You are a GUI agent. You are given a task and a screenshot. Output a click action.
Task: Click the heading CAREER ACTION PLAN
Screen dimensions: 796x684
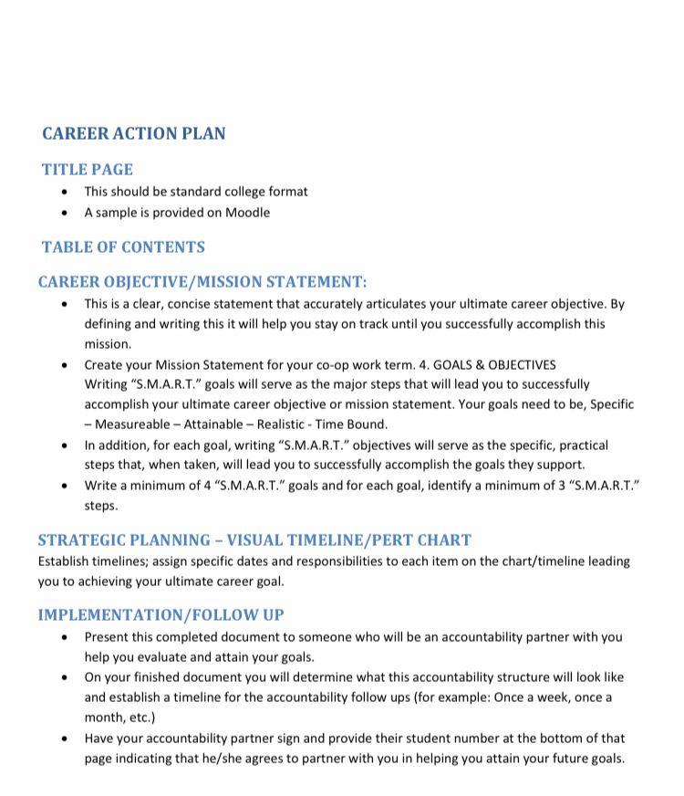(134, 133)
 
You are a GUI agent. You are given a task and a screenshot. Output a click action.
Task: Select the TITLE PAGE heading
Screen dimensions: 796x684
(88, 170)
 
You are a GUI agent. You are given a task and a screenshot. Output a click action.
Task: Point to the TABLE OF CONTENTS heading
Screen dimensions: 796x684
(123, 247)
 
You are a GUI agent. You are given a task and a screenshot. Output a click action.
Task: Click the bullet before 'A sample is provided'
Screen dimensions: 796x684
(64, 213)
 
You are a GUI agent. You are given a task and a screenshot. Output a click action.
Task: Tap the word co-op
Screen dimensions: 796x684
(323, 364)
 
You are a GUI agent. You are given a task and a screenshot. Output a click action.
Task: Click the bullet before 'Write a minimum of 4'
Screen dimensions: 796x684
(64, 486)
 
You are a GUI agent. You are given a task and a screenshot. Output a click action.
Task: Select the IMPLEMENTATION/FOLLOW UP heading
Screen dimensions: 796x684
(161, 615)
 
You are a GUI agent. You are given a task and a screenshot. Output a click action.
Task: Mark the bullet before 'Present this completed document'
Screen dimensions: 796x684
(64, 637)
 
